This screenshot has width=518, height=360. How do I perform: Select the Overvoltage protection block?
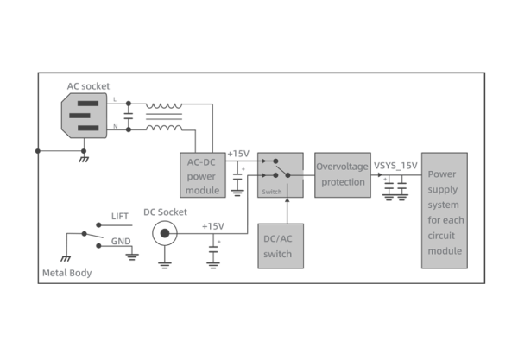click(x=342, y=174)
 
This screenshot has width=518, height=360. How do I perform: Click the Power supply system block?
click(x=445, y=211)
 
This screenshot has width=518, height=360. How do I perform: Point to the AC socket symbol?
click(x=84, y=115)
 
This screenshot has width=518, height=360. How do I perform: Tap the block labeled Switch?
click(x=281, y=175)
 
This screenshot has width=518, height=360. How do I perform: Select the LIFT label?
click(x=120, y=216)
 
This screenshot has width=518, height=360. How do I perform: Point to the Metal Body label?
click(x=66, y=274)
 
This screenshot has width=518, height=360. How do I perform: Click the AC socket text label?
click(x=88, y=85)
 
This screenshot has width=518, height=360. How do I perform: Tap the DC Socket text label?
click(x=165, y=212)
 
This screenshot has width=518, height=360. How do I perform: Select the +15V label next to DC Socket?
click(x=212, y=226)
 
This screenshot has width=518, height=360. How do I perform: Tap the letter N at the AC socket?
click(x=115, y=126)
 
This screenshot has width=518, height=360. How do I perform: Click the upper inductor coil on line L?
click(x=164, y=106)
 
